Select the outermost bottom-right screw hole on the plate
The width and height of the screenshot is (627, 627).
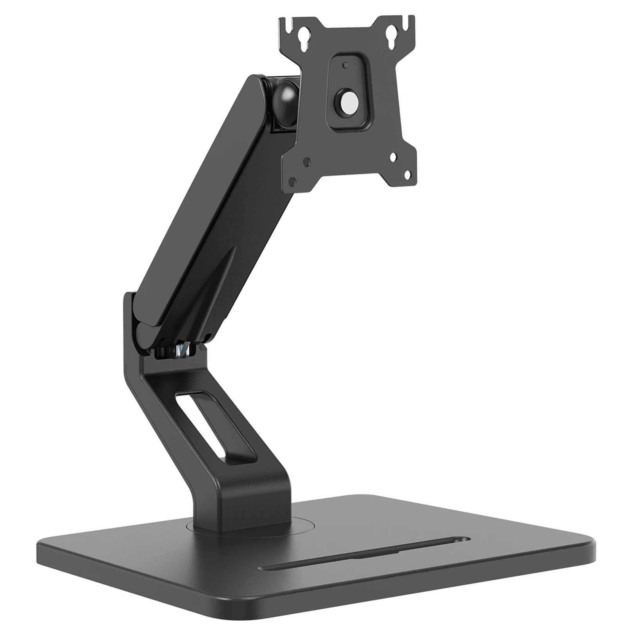408,174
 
